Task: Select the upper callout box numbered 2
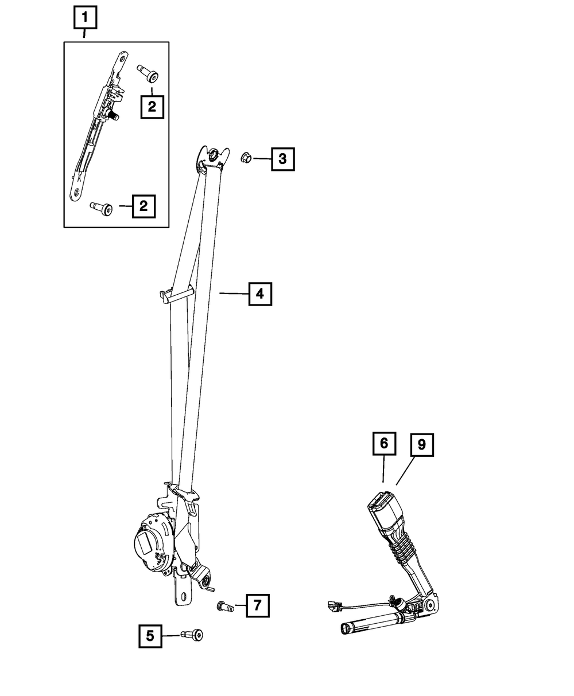(152, 106)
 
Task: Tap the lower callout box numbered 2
(143, 205)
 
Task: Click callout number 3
(282, 158)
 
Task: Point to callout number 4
(259, 294)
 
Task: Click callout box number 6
(384, 443)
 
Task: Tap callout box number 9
(421, 445)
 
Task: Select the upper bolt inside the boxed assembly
(149, 73)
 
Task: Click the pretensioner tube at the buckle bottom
(367, 624)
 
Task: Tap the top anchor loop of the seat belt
(210, 155)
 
